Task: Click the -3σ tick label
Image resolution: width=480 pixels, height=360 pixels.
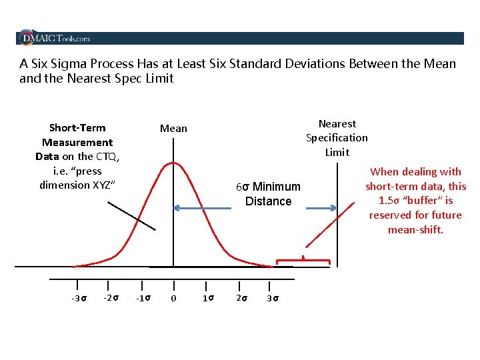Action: [x=79, y=298]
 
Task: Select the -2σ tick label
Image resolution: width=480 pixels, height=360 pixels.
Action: [x=111, y=297]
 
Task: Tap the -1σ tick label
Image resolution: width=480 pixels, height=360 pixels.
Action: [x=143, y=298]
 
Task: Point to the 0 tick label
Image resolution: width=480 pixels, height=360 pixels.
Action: [x=173, y=298]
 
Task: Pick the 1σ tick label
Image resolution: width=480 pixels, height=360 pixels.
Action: [x=208, y=298]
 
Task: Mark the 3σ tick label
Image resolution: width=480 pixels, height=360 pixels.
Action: [x=272, y=298]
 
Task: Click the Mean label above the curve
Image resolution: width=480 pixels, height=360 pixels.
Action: [x=173, y=128]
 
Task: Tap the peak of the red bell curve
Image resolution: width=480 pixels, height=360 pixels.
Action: [x=173, y=162]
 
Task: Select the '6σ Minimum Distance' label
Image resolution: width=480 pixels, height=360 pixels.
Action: [x=268, y=194]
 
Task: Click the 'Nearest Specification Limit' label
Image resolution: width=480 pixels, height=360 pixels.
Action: [x=337, y=138]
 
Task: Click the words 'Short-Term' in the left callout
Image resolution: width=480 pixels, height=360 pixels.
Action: [x=77, y=128]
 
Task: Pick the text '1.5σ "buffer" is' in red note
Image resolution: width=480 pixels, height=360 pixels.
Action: [x=415, y=201]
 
